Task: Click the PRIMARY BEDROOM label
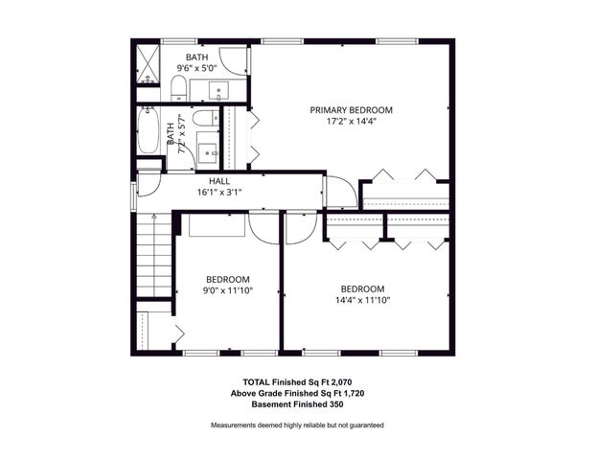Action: (352, 110)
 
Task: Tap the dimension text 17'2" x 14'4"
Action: (352, 122)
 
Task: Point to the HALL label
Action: (219, 180)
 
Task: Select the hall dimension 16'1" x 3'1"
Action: (219, 192)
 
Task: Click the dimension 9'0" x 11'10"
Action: (227, 290)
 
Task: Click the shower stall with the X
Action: (147, 63)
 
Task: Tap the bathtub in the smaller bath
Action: (149, 131)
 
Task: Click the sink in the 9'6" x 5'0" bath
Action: (218, 93)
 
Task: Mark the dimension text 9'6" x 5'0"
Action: (196, 69)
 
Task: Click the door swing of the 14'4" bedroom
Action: (298, 227)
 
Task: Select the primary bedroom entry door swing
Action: (338, 191)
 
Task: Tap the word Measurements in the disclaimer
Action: (236, 425)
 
